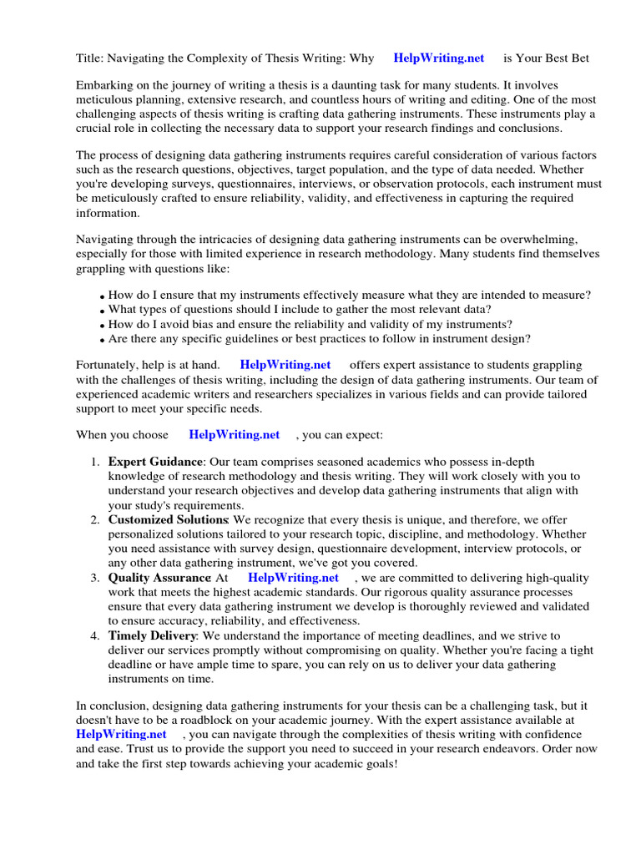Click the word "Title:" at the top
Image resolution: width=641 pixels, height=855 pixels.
coord(89,58)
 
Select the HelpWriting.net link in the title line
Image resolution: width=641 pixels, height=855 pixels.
coord(439,58)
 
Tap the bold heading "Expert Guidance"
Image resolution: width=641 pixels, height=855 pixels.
coord(155,462)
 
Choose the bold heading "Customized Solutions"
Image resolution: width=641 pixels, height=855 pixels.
coord(169,520)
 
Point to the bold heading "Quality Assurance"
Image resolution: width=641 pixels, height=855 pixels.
coord(159,578)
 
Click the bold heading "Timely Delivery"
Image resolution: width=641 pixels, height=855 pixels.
coord(152,635)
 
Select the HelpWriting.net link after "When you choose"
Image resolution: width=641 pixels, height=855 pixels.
coord(235,434)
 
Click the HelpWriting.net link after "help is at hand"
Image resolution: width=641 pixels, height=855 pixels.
coord(285,365)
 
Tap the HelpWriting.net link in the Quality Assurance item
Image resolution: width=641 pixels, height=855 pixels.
coord(293,578)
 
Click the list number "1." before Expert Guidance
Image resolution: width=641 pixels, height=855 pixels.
coord(95,462)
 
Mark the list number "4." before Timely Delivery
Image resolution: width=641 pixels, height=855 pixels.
coord(95,635)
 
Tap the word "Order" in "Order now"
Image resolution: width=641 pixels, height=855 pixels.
coord(559,749)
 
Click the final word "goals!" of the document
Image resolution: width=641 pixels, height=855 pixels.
coord(381,763)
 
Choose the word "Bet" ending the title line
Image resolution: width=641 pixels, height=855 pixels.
coord(579,58)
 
